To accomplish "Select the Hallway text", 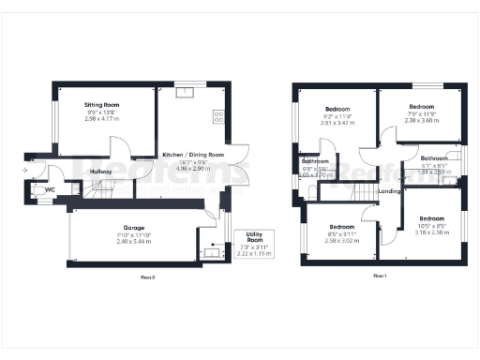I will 100,172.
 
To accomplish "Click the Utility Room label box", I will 254,242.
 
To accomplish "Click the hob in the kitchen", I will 218,117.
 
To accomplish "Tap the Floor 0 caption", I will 146,277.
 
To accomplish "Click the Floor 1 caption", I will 380,276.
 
